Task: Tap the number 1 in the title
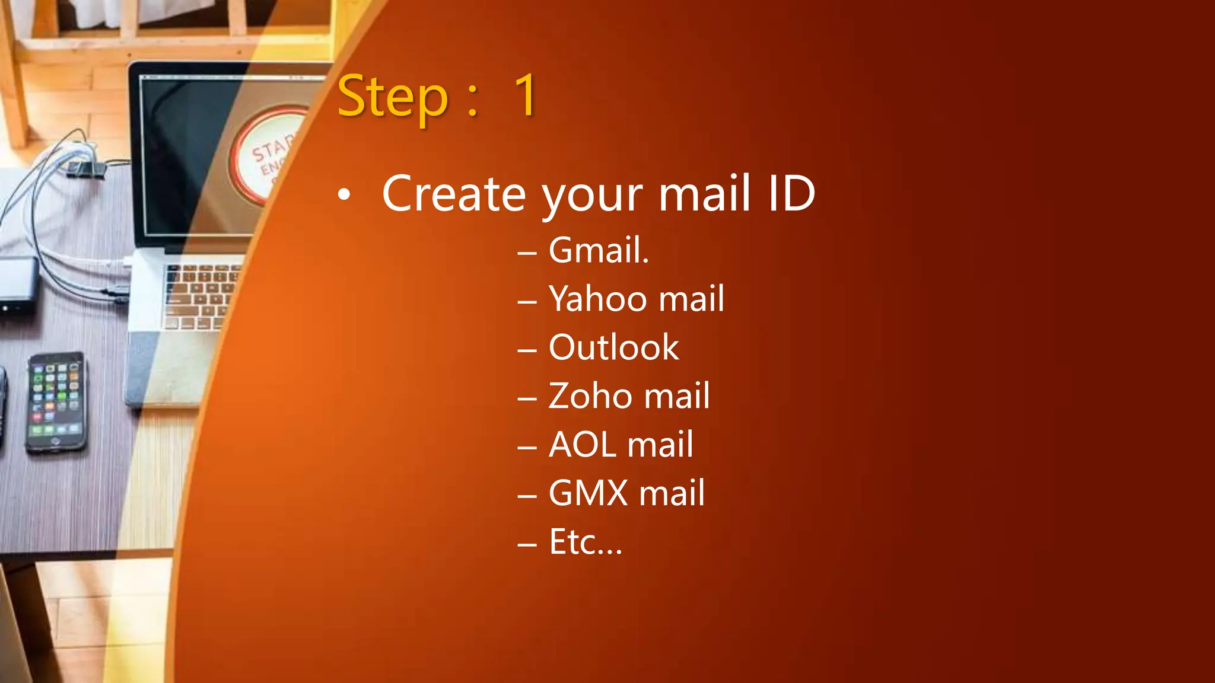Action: coord(526,96)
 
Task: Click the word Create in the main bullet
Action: coord(454,194)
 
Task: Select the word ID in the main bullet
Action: coord(791,194)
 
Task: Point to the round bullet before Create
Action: coord(344,195)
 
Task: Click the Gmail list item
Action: coord(598,250)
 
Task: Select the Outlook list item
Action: coord(613,347)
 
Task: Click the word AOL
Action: coord(583,445)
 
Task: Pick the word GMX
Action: coord(588,493)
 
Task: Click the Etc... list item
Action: coord(586,542)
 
